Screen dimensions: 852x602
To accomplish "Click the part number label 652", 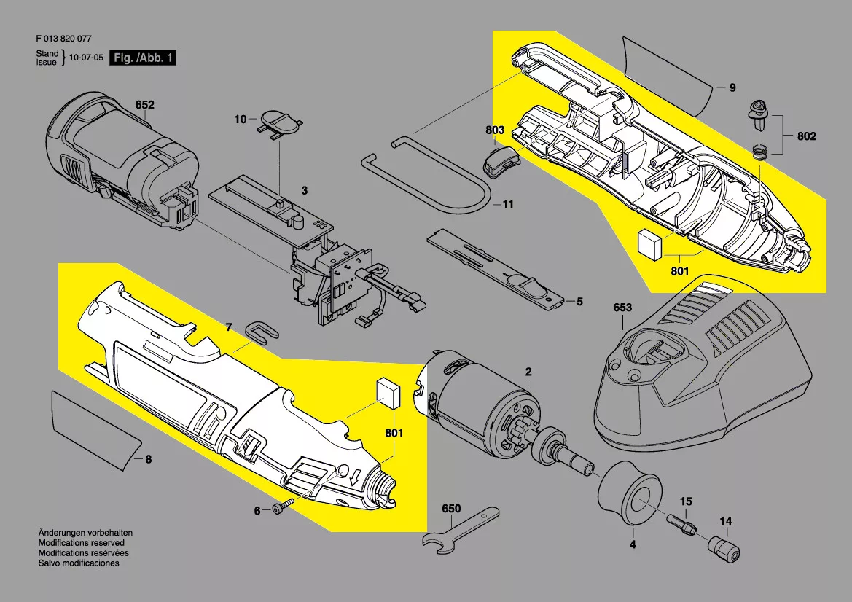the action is coord(144,105).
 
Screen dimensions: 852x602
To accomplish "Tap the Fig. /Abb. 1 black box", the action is coord(143,58).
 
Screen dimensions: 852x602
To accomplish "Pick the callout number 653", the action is coord(622,308).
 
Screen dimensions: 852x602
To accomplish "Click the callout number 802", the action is coord(806,136).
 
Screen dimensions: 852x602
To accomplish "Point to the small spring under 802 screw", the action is coord(760,152).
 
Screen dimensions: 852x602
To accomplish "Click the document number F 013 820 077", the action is coord(63,39).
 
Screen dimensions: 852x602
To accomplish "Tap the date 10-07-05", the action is coord(86,58).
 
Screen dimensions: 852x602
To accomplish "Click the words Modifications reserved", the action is coord(82,543).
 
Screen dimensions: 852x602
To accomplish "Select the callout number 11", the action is coord(508,204).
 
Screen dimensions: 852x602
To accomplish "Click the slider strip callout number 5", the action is coord(579,302).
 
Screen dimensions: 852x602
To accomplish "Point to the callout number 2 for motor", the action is coord(528,372).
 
